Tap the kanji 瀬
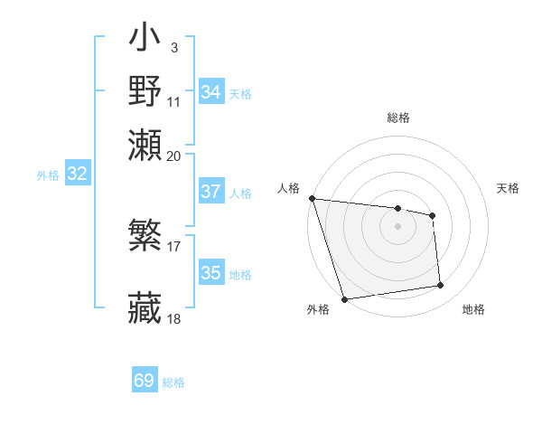[145, 145]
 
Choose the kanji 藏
[145, 307]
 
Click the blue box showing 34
[211, 92]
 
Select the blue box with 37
[211, 192]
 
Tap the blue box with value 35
[211, 273]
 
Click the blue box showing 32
[77, 175]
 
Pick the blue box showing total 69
[145, 381]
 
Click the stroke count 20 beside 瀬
[174, 156]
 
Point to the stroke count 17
[174, 244]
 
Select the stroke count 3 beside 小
[173, 47]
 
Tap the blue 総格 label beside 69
[174, 382]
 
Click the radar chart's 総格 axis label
[397, 118]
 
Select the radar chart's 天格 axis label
[508, 188]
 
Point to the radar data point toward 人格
[312, 198]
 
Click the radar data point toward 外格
[344, 299]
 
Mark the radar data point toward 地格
[441, 286]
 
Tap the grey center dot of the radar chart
[397, 226]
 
